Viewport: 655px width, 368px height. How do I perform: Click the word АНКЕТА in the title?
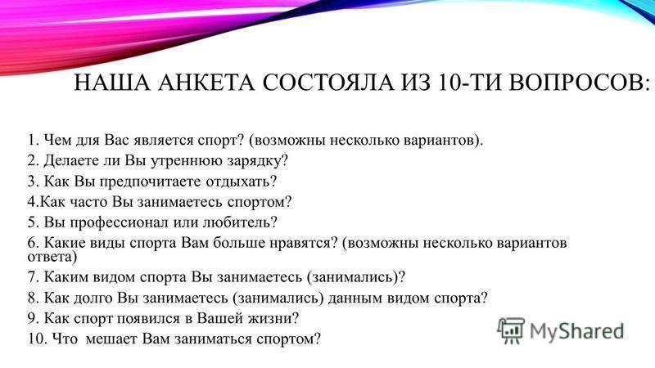tap(206, 83)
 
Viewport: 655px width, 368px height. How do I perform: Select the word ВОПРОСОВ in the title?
tap(576, 83)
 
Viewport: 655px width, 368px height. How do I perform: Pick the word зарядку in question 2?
tap(255, 161)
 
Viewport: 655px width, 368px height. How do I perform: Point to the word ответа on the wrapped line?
tap(50, 257)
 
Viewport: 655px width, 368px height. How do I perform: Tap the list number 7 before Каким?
tap(33, 277)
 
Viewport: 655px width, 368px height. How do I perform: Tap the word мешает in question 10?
tap(111, 339)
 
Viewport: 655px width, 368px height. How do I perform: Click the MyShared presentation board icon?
tap(510, 330)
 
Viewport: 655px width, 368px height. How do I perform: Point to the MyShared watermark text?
tap(576, 331)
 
